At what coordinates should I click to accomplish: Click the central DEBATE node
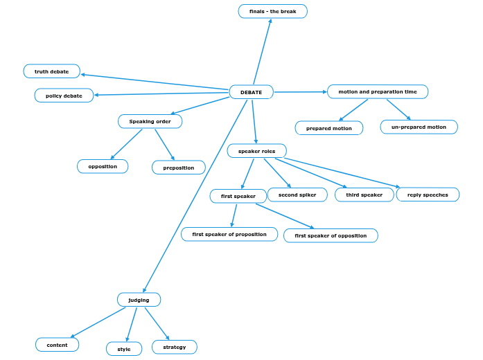tap(251, 92)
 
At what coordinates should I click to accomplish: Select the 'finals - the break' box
tap(272, 11)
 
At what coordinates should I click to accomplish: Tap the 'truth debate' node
tap(52, 71)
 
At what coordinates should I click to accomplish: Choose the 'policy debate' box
tap(64, 96)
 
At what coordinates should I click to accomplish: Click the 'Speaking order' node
tap(150, 121)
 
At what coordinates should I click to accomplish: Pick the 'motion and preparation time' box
tap(378, 91)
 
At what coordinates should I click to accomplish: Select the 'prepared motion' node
tap(329, 128)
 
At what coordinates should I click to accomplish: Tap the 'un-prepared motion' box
tap(419, 127)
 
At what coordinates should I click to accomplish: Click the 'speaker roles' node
tap(256, 151)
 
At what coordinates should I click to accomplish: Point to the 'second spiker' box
tap(297, 195)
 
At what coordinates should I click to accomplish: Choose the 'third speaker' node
tap(365, 195)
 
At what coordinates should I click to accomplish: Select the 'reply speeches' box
tap(428, 195)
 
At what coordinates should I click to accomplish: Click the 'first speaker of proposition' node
tap(229, 234)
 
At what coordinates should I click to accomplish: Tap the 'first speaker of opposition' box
tap(331, 235)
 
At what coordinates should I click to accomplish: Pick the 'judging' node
tap(139, 300)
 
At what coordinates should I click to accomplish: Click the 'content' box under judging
tap(57, 345)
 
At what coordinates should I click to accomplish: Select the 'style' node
tap(124, 349)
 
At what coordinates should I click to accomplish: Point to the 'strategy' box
tap(174, 347)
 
